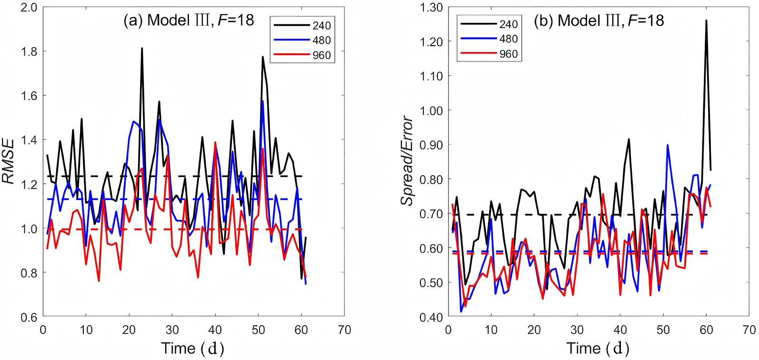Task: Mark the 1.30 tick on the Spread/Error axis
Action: click(433, 8)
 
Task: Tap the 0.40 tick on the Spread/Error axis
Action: click(433, 317)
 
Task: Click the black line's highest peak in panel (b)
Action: click(706, 20)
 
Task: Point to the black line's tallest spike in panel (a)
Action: click(142, 48)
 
